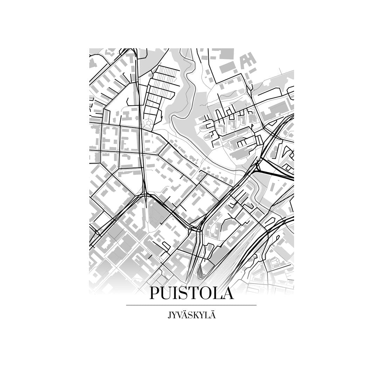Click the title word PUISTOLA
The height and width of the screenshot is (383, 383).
coord(191,293)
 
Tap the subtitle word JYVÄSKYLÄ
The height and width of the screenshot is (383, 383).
coord(191,315)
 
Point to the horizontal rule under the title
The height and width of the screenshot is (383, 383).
coord(191,305)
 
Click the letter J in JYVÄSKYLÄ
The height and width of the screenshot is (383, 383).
coord(169,315)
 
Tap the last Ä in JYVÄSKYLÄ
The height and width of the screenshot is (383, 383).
coord(212,315)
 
